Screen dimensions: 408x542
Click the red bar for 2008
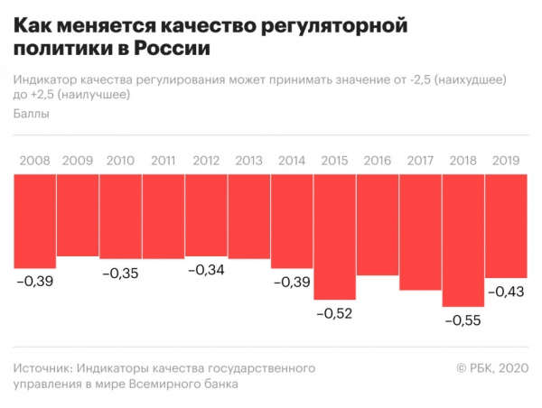[35, 221]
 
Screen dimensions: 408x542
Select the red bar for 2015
[335, 237]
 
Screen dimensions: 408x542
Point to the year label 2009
[78, 162]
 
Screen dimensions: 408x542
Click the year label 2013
[249, 162]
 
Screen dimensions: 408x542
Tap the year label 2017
[421, 162]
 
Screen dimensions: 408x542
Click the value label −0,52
[334, 314]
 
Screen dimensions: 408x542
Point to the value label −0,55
[463, 320]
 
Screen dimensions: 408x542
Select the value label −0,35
[120, 273]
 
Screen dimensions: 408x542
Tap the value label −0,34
[206, 272]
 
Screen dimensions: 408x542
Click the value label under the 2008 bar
[35, 282]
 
